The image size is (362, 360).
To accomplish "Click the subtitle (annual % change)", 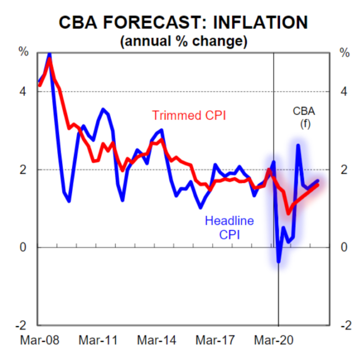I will tap(183, 40).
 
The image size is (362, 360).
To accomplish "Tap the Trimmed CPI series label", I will tap(189, 116).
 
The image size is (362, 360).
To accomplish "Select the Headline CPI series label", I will tap(229, 228).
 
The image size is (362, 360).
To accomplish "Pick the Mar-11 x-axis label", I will tap(98, 340).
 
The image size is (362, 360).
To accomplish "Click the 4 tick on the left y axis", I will tap(24, 92).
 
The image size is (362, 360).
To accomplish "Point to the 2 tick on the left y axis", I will tap(24, 170).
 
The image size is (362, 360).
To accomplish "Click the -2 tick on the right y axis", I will tap(344, 325).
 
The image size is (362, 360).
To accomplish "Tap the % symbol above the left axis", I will tap(24, 53).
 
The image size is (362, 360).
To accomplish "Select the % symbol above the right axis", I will tap(344, 53).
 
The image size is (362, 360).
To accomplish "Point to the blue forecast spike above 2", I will tap(298, 145).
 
